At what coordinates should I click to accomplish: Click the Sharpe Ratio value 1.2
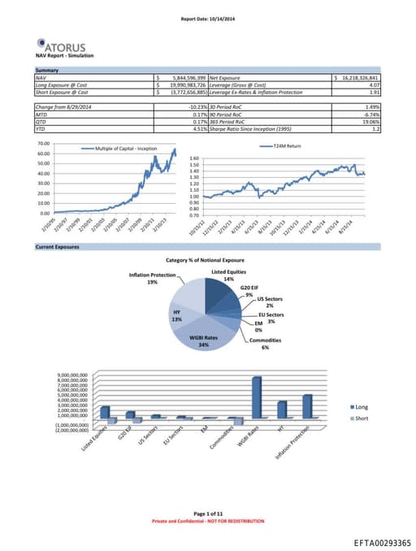(376, 128)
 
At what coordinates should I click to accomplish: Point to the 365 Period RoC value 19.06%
(370, 123)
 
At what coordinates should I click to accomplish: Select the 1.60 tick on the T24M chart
(193, 158)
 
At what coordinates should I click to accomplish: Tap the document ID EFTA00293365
(383, 540)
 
